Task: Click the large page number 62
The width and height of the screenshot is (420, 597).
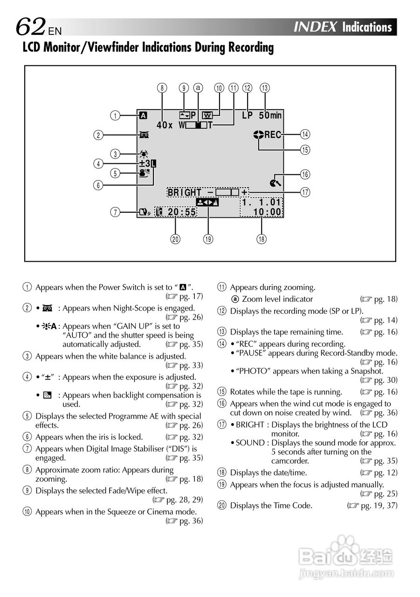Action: tap(31, 27)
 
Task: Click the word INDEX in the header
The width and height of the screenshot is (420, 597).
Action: tap(315, 27)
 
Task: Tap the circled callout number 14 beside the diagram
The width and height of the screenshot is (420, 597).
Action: tap(305, 135)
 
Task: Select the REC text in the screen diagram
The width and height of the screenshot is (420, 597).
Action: tap(273, 135)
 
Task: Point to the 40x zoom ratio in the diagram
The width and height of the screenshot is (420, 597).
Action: tap(165, 125)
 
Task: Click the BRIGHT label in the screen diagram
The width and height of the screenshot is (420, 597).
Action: tap(185, 193)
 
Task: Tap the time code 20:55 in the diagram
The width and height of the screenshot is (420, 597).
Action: tap(181, 212)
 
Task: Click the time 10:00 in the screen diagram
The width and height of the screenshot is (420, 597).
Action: tap(267, 212)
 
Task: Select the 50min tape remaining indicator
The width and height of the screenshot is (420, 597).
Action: tap(270, 115)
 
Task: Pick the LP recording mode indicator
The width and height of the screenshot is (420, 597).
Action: tap(247, 115)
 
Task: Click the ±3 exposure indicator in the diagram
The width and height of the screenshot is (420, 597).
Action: tap(145, 163)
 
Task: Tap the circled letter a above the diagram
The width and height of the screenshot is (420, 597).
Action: tap(199, 87)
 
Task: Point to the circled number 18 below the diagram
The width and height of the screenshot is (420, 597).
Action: tap(261, 239)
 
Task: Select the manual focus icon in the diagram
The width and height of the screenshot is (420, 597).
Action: tap(207, 202)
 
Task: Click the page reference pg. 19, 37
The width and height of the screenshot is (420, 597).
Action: tap(375, 505)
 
